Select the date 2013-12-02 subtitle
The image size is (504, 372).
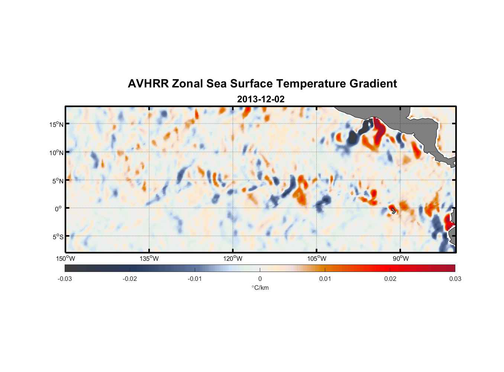tap(261, 99)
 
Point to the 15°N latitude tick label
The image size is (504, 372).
tap(56, 124)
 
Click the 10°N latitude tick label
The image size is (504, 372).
tap(56, 153)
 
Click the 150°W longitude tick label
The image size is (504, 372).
tap(66, 259)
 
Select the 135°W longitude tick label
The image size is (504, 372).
tap(149, 259)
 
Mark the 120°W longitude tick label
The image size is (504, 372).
tap(233, 259)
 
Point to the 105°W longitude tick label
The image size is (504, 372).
tap(317, 259)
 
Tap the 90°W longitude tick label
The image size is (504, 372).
tap(401, 259)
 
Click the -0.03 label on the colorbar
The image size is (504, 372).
tap(65, 279)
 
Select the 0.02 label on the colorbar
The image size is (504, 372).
tap(390, 279)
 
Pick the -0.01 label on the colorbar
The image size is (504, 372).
tap(195, 279)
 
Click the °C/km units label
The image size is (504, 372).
tap(260, 288)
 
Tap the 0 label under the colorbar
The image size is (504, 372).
tap(260, 279)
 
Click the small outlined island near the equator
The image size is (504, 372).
tap(394, 211)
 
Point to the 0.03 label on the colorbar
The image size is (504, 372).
tap(455, 279)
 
